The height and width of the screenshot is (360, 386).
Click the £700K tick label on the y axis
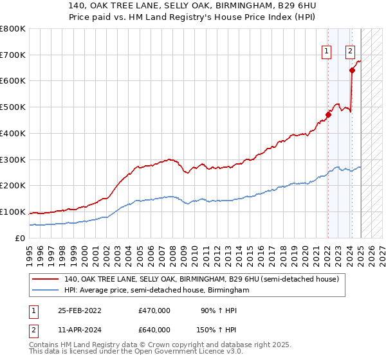pyautogui.click(x=13, y=55)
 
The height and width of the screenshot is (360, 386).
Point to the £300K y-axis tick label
pyautogui.click(x=13, y=159)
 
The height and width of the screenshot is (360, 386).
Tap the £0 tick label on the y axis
pyautogui.click(x=21, y=238)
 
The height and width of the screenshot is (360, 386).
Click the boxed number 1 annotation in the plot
pyautogui.click(x=327, y=52)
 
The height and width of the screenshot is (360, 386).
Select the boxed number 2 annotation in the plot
pyautogui.click(x=350, y=52)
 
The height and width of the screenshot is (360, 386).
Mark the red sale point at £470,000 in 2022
pyautogui.click(x=327, y=115)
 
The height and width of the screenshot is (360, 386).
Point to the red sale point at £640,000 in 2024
pyautogui.click(x=352, y=71)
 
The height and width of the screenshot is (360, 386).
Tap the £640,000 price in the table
pyautogui.click(x=154, y=330)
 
